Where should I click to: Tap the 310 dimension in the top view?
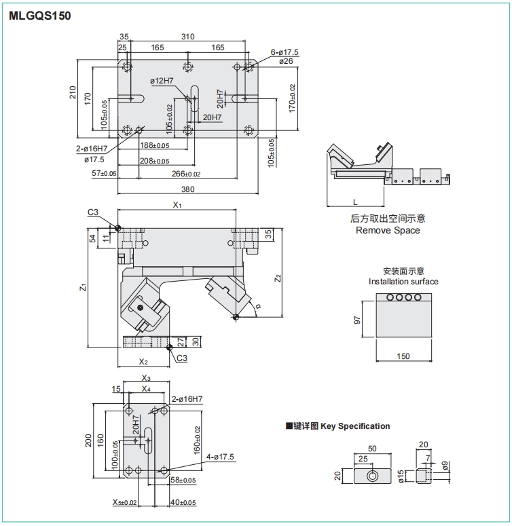click(x=188, y=37)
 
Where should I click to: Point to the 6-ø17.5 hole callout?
click(x=285, y=52)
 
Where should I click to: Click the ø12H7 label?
click(x=162, y=81)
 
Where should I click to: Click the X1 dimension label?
click(x=177, y=204)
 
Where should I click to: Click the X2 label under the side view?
click(x=143, y=362)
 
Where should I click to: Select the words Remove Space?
click(x=388, y=230)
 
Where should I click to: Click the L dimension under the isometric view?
click(x=356, y=202)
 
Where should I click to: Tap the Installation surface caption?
click(x=403, y=281)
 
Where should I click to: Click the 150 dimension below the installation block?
click(x=403, y=356)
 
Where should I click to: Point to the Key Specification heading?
click(x=356, y=426)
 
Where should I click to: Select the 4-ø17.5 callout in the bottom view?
click(x=220, y=457)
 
